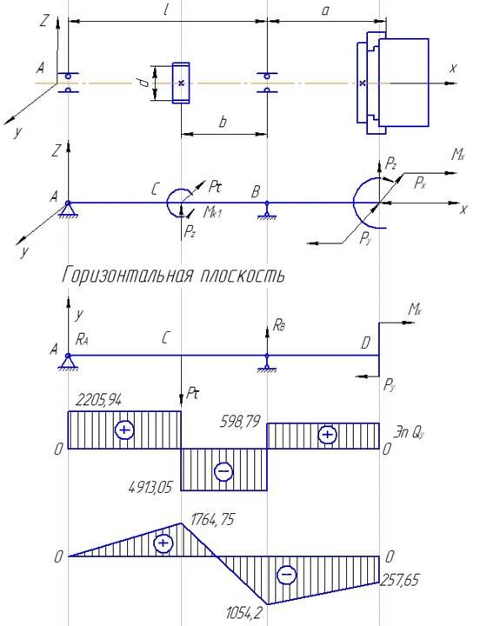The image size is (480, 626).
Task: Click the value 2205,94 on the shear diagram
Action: pos(98,400)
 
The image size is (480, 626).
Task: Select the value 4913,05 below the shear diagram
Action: pos(150,487)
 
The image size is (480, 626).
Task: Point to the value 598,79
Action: pos(240,422)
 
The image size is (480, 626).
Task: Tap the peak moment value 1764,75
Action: pos(212,520)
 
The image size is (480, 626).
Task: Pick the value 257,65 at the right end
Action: pos(400,579)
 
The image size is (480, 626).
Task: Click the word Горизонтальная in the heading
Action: pos(127,275)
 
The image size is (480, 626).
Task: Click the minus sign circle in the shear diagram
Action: pos(223,471)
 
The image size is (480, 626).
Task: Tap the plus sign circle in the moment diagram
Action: pos(163,543)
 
